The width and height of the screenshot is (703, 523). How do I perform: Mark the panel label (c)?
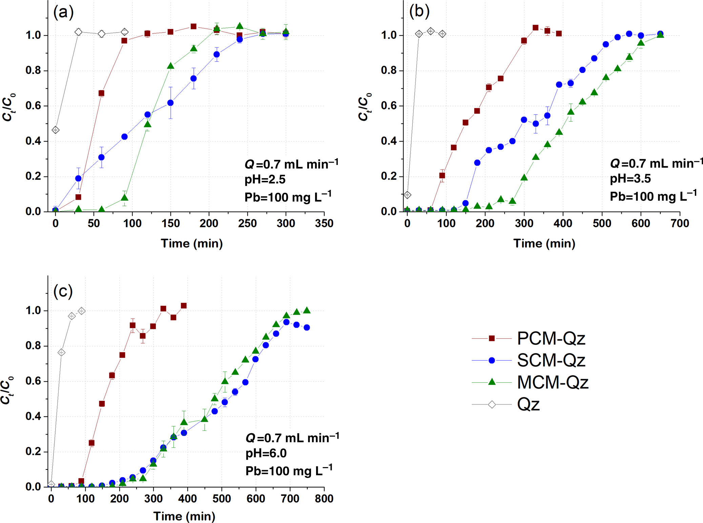coord(63,291)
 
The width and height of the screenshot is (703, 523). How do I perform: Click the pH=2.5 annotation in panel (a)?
coord(265,180)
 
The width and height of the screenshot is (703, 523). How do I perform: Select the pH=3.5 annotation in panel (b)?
coord(630,179)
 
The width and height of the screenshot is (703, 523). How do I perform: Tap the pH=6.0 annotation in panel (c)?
coord(266,453)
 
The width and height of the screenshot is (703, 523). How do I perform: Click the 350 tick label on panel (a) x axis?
coord(324,224)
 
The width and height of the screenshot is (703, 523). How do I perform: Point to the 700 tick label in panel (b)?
coord(680,224)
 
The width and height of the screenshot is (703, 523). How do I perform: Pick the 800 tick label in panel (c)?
coord(324,499)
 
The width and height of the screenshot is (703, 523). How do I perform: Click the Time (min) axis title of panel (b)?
coord(544,244)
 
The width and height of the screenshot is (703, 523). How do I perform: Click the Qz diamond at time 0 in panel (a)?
coord(56,130)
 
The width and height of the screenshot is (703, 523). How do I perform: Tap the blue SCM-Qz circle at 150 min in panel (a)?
coord(170,103)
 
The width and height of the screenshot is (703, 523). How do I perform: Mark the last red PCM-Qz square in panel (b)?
coord(559,34)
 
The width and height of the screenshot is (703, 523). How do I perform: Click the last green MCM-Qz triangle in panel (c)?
coord(307,310)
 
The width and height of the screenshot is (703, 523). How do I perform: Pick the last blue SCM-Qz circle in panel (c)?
coord(307,328)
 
